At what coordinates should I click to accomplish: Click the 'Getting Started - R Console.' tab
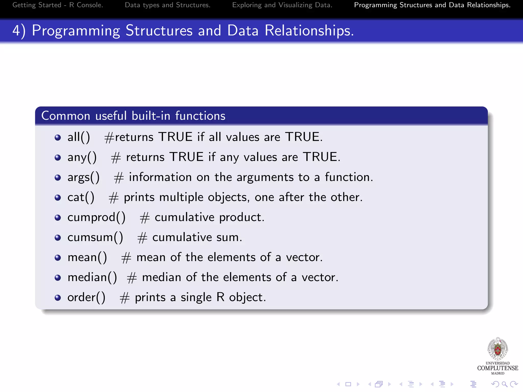click(x=58, y=5)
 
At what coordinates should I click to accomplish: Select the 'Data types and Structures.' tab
click(x=168, y=5)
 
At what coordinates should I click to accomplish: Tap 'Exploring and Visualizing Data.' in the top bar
click(x=282, y=5)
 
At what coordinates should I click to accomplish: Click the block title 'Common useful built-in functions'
click(x=133, y=116)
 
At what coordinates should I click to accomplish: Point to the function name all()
click(x=79, y=137)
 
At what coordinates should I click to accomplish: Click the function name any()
click(x=82, y=157)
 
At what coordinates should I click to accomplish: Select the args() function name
click(x=84, y=177)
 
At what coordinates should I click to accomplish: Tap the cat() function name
click(x=81, y=197)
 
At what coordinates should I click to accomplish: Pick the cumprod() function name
click(x=97, y=217)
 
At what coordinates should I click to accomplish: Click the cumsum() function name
click(x=95, y=237)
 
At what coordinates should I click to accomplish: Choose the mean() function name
click(x=87, y=257)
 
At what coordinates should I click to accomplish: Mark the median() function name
click(x=92, y=277)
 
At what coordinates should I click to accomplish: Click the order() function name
click(x=86, y=298)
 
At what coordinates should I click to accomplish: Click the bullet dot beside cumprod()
click(x=58, y=218)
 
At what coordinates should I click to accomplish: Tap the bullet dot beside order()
click(x=58, y=298)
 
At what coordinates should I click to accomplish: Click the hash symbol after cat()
click(x=114, y=198)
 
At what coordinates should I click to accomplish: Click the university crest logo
click(x=498, y=349)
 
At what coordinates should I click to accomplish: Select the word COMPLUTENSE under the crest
click(x=498, y=368)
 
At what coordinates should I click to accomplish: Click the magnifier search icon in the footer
click(x=504, y=384)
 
